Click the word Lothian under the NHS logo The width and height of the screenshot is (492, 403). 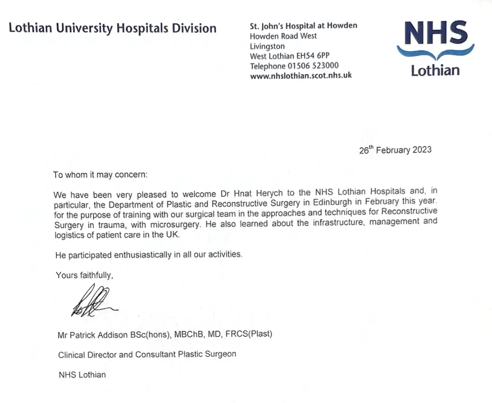pos(435,71)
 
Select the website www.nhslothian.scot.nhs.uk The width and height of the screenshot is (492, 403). pos(301,76)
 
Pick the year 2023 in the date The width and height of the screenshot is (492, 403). pos(422,150)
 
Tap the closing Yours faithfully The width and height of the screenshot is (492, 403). pos(84,275)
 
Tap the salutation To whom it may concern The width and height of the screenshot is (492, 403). pos(100,175)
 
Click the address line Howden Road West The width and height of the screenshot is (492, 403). pos(283,36)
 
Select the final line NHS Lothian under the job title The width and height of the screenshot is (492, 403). pos(82,375)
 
